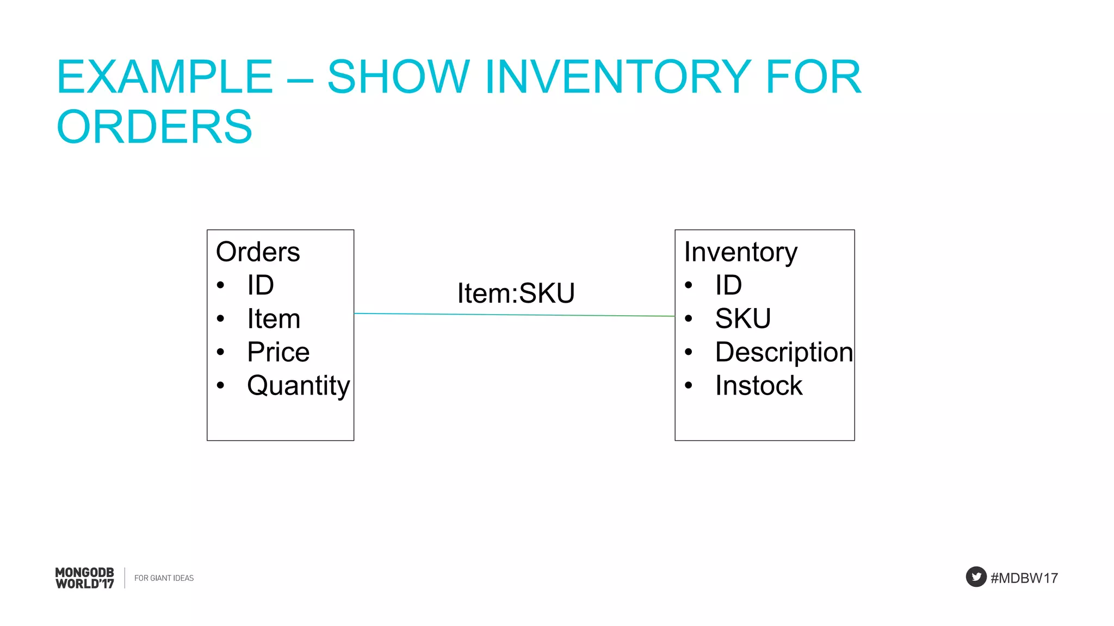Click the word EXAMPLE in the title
[164, 77]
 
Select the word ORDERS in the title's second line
[154, 127]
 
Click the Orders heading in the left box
[258, 252]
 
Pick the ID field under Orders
[261, 285]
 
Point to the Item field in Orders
[274, 319]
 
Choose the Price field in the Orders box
[278, 352]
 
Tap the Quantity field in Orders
[298, 386]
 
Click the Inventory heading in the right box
[740, 252]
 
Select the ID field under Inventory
[728, 285]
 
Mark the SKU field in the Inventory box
[742, 319]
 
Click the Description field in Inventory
[783, 352]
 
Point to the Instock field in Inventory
[758, 386]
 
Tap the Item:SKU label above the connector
[516, 293]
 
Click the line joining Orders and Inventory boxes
[514, 315]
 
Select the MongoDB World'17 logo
[85, 578]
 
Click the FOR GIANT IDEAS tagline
[164, 578]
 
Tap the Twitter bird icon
[976, 577]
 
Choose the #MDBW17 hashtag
[1024, 578]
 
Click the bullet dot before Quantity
[220, 386]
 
